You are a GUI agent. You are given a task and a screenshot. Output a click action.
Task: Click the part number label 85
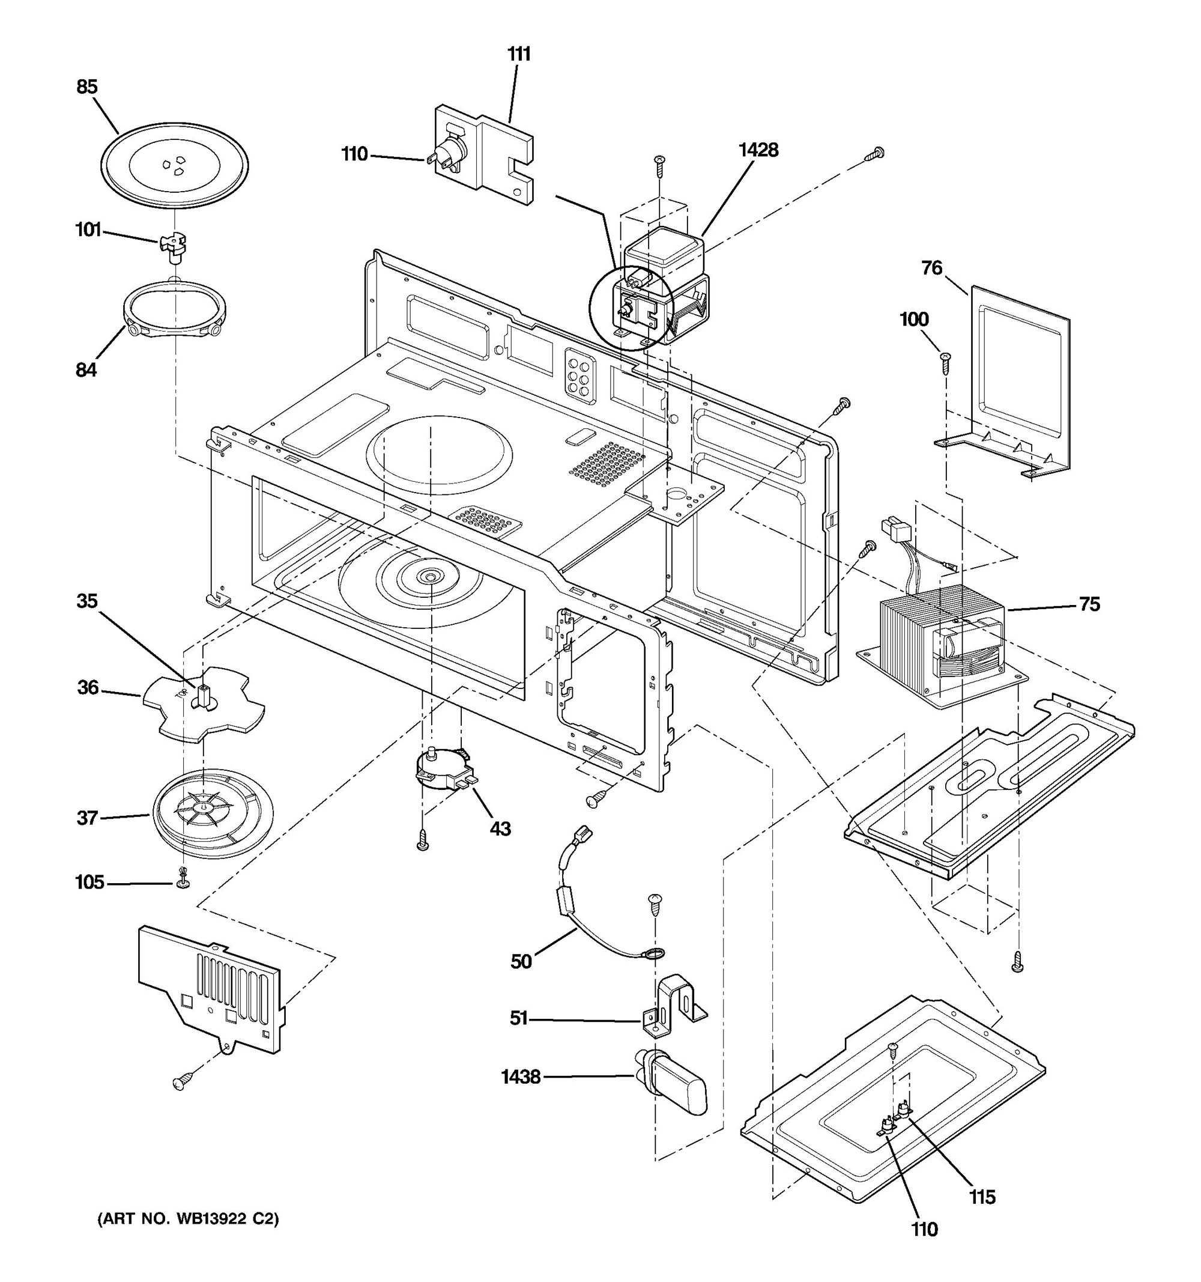tap(86, 87)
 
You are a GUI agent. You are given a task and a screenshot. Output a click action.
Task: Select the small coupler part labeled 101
tap(173, 246)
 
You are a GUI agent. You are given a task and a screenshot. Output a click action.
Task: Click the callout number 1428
tap(758, 150)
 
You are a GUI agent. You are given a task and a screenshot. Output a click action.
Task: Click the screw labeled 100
tap(946, 363)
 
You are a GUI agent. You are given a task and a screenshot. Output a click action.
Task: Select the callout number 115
tap(982, 1197)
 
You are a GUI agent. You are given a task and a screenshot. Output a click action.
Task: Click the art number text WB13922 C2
tap(188, 1219)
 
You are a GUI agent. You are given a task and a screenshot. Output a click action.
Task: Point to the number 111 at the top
tap(518, 54)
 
